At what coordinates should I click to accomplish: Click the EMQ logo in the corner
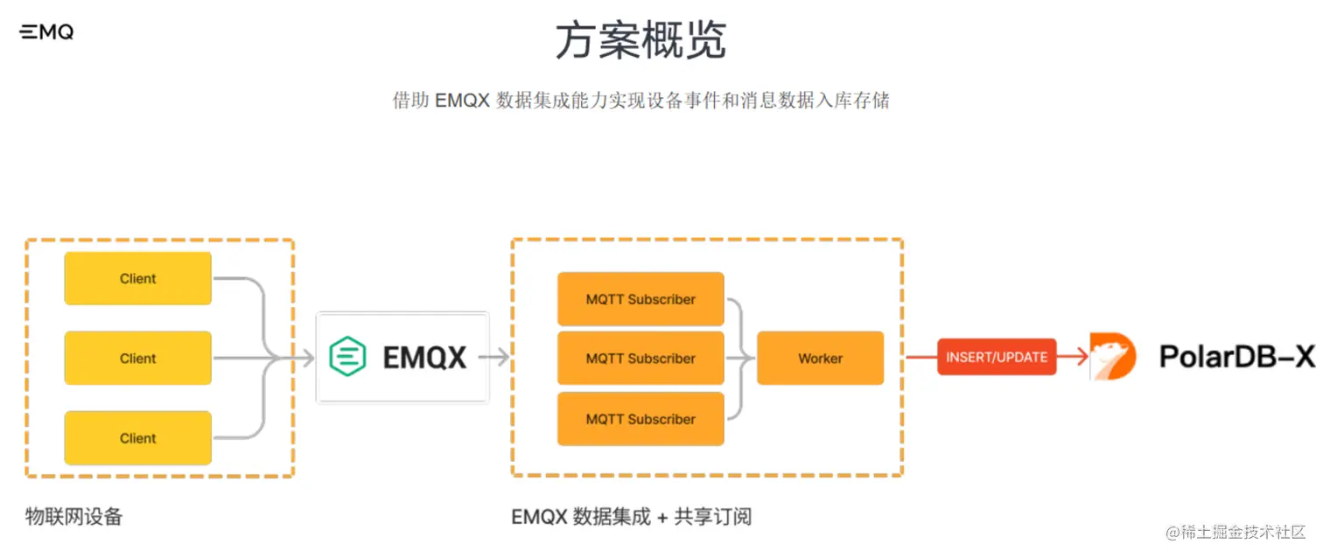[x=46, y=32]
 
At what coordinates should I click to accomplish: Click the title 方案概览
[x=640, y=40]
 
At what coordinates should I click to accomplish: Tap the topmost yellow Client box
[x=138, y=278]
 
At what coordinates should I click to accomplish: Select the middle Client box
[x=138, y=358]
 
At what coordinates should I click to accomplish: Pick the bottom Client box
[x=138, y=437]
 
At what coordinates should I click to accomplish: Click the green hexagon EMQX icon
[x=347, y=357]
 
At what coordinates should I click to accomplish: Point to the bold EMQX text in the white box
[x=425, y=357]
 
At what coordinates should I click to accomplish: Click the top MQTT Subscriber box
[x=640, y=299]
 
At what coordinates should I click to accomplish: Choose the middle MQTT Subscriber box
[x=640, y=358]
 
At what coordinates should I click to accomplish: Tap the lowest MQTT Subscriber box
[x=640, y=419]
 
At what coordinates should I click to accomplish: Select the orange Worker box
[x=820, y=358]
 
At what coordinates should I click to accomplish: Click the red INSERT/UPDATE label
[x=997, y=357]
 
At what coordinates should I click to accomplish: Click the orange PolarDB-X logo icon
[x=1112, y=357]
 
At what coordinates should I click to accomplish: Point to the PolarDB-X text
[x=1236, y=357]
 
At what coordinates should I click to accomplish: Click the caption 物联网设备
[x=74, y=516]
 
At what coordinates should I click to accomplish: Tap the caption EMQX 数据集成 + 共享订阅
[x=631, y=517]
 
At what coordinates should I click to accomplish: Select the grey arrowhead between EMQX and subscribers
[x=504, y=357]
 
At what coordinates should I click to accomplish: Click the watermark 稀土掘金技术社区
[x=1238, y=533]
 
